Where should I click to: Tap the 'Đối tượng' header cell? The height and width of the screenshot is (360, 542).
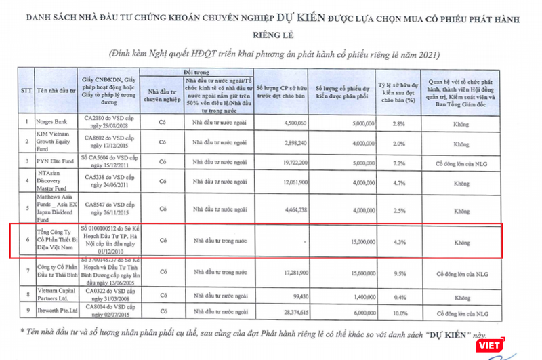click(192, 71)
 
